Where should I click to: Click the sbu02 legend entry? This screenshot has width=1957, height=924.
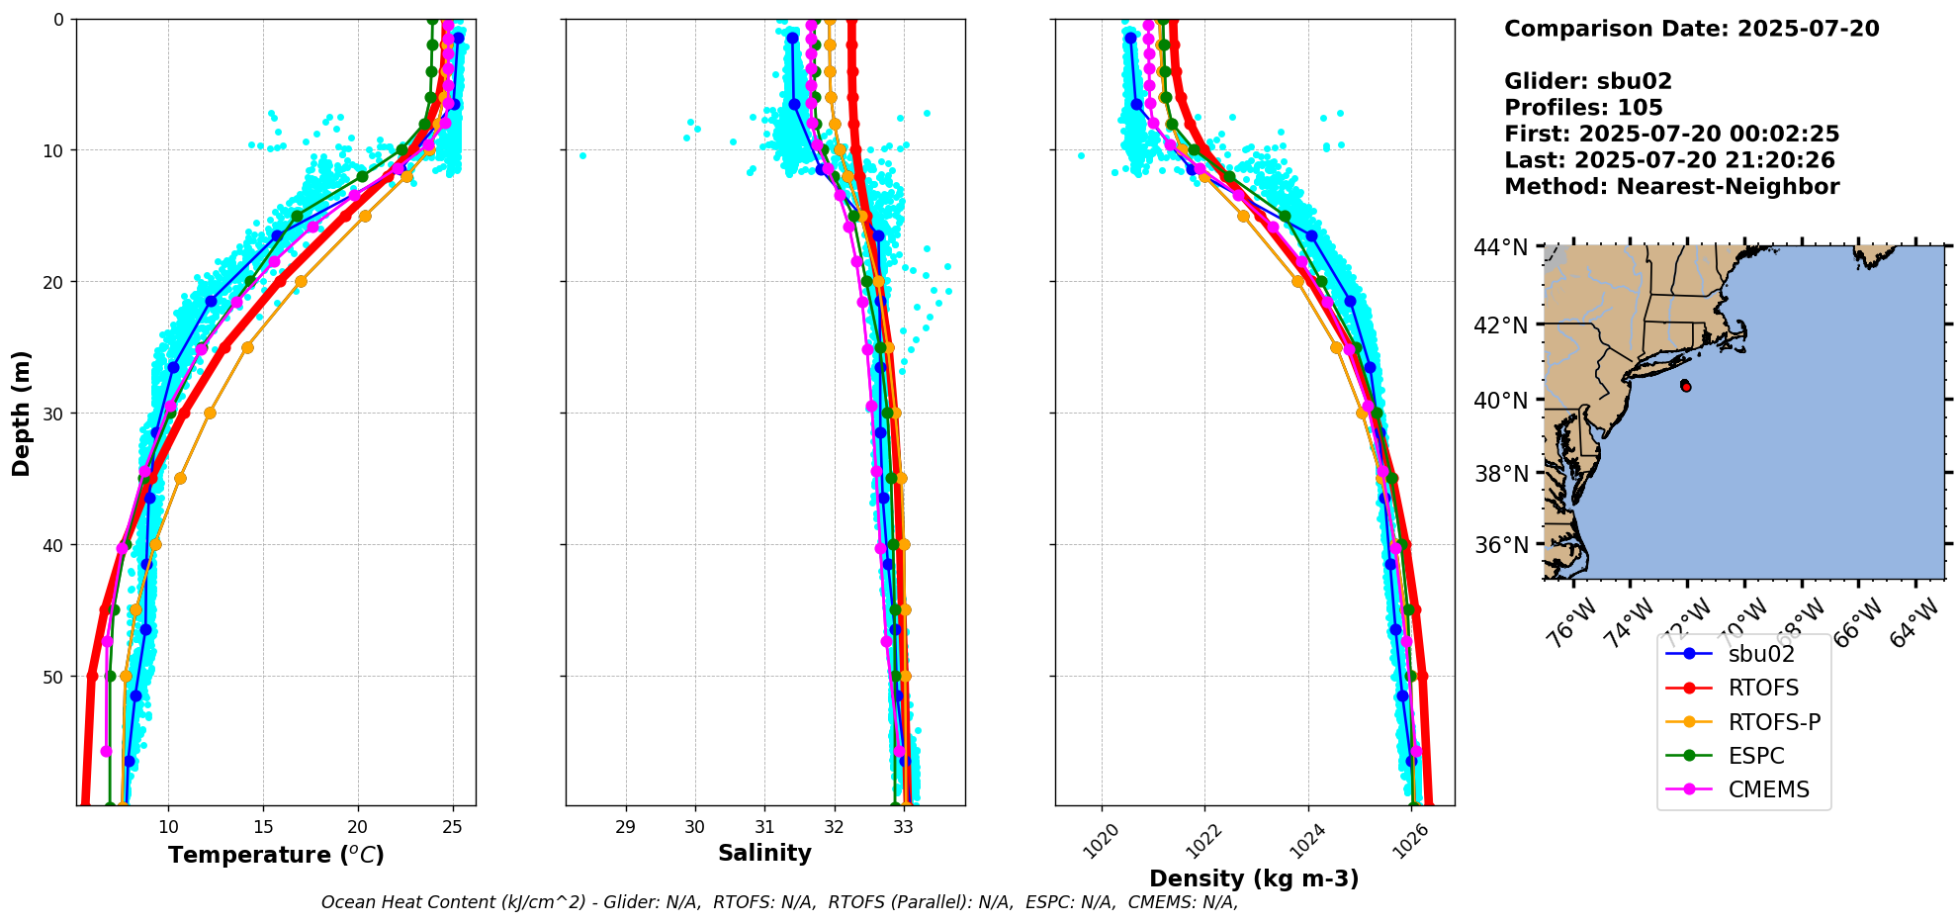(x=1760, y=654)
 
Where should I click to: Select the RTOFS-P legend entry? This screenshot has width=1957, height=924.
(x=1774, y=722)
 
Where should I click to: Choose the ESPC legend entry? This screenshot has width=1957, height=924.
(x=1756, y=756)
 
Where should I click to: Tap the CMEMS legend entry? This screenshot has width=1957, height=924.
(x=1768, y=789)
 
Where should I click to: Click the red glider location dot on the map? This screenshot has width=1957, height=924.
(x=1686, y=387)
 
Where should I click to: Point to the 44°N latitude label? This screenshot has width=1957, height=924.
(x=1501, y=247)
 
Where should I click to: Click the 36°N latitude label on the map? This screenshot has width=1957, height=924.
(x=1501, y=545)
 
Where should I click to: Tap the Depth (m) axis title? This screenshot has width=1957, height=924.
(x=22, y=413)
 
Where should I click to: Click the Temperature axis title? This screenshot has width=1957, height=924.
(x=276, y=855)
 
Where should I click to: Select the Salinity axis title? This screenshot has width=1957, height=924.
(x=764, y=853)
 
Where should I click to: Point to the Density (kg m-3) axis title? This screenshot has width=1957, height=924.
(x=1254, y=878)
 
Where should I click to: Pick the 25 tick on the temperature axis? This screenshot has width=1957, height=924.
(x=453, y=826)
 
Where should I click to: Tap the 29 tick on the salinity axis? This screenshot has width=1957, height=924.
(x=625, y=826)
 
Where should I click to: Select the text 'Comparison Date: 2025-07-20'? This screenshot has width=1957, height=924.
(x=1691, y=29)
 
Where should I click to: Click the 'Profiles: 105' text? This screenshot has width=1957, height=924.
(x=1583, y=108)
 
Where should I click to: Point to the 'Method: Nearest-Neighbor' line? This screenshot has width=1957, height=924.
(x=1671, y=187)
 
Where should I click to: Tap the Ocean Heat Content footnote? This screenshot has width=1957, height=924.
(x=779, y=902)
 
